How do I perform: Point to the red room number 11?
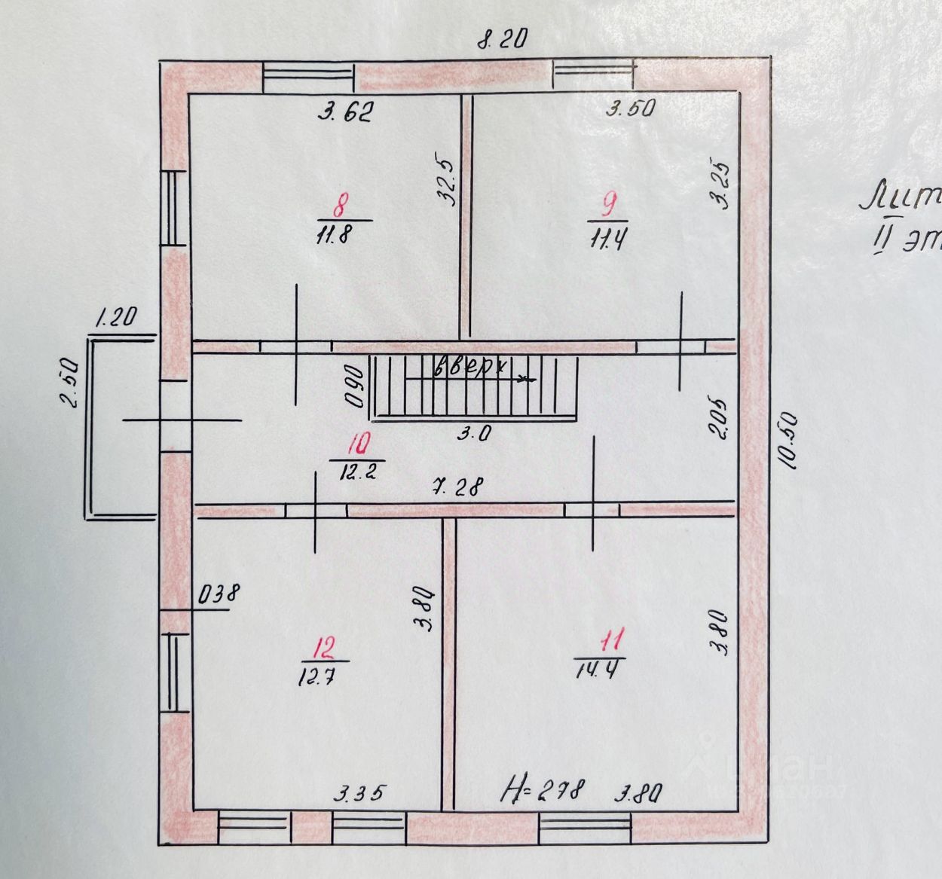click(611, 642)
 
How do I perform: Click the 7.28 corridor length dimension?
click(457, 487)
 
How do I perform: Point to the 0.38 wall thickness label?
click(218, 594)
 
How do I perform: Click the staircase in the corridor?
click(476, 386)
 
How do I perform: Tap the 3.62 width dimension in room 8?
click(346, 113)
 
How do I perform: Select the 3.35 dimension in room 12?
click(360, 793)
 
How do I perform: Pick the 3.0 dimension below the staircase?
click(476, 434)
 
